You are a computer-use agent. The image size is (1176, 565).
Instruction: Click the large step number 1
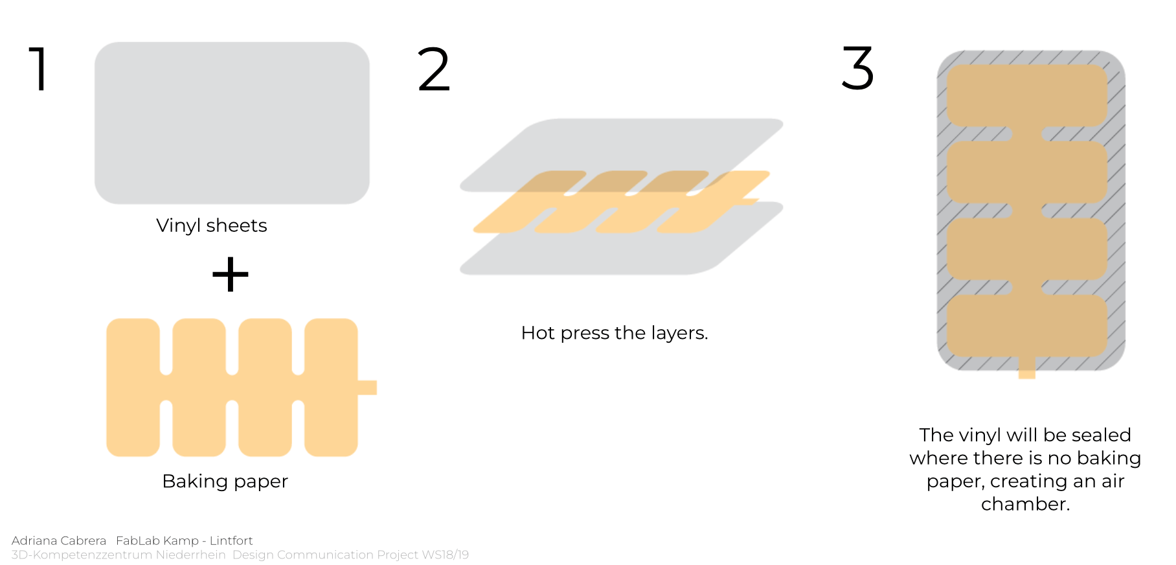tap(40, 68)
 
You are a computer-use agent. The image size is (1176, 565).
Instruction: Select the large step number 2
tap(434, 68)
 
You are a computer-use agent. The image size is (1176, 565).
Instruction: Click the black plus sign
tap(231, 275)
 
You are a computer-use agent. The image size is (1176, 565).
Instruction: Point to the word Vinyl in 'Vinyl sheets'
tap(179, 226)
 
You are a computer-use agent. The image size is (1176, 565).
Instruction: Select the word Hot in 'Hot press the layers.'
tap(538, 333)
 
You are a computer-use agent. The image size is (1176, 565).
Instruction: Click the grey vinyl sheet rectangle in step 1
tap(232, 123)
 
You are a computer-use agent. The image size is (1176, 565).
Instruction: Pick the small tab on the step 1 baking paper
tap(367, 387)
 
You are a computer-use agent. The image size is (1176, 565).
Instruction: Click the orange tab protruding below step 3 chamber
tap(1027, 367)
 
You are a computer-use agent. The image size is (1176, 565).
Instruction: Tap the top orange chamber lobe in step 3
tap(1027, 95)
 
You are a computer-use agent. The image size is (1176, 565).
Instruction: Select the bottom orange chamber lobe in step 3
tap(1027, 326)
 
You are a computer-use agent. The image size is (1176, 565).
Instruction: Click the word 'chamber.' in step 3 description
tap(1025, 504)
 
